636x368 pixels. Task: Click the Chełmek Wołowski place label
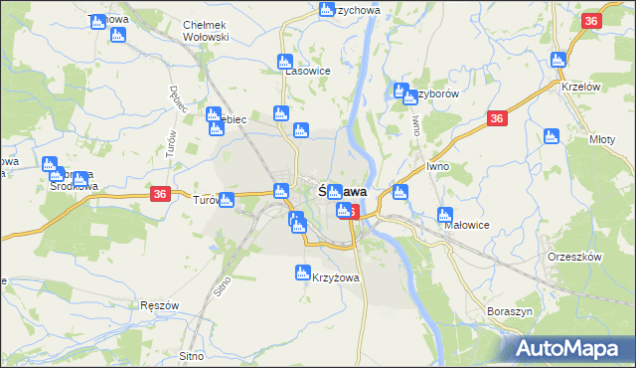(x=206, y=31)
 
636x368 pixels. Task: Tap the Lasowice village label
(x=307, y=72)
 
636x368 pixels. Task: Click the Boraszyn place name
(x=511, y=311)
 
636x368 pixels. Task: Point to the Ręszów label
(x=159, y=305)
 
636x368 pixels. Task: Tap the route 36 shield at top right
(x=591, y=21)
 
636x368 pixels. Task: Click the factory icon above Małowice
(x=445, y=214)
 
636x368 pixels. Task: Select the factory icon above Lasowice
(x=285, y=61)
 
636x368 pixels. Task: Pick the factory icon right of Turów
(x=228, y=199)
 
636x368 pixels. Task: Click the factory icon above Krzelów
(x=558, y=59)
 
